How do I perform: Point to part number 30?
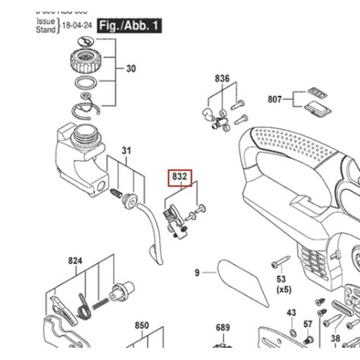click(131, 69)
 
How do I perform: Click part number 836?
click(222, 78)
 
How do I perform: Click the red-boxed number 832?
click(180, 175)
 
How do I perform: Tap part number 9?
click(197, 272)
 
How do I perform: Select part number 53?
click(282, 278)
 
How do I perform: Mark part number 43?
click(292, 312)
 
